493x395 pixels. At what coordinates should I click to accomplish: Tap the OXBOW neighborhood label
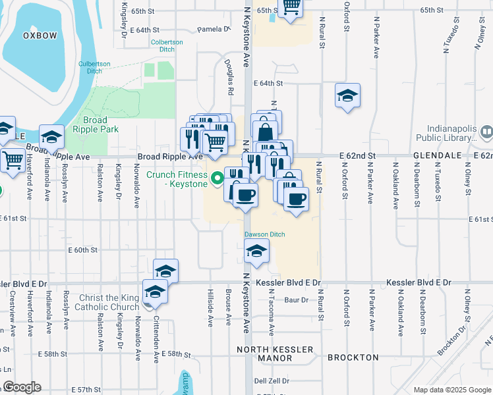(40, 36)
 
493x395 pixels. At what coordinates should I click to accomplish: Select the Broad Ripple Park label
(100, 124)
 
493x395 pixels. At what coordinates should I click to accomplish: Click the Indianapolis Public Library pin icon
(486, 134)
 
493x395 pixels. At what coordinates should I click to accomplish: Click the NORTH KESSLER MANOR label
(275, 355)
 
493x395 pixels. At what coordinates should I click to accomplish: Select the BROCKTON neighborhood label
(353, 357)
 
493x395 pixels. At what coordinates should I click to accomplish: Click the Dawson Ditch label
(264, 234)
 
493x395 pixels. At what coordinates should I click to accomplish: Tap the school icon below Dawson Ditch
(256, 251)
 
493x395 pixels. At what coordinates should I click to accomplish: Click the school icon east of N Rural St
(347, 96)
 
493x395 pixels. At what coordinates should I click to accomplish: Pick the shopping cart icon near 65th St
(291, 7)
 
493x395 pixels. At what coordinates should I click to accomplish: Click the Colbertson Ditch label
(167, 45)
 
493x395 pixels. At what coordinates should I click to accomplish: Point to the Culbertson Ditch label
(99, 68)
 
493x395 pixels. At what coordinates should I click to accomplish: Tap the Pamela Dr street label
(213, 29)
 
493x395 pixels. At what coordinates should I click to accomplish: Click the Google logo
(22, 387)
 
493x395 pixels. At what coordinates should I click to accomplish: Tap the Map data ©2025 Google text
(452, 390)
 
